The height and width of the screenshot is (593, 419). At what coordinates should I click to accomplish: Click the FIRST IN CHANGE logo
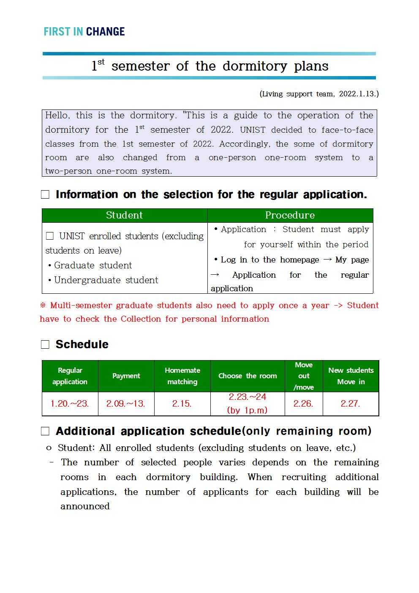[84, 32]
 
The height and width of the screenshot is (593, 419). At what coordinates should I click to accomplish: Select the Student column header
[124, 215]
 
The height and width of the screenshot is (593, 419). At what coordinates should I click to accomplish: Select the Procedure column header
[290, 215]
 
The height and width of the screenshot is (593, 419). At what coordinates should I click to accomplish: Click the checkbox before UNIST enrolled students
[50, 236]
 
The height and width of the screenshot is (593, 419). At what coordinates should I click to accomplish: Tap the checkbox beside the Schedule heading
[45, 344]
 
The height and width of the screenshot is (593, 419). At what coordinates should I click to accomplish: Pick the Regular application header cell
[70, 376]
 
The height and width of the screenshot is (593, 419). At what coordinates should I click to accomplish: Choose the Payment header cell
[126, 376]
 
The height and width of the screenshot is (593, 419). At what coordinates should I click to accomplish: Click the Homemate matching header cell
[182, 376]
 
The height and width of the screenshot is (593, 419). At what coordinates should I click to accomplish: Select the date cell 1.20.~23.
[70, 404]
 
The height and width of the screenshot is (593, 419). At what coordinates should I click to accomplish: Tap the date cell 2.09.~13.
[126, 404]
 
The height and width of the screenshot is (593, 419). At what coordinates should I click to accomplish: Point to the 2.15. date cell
[182, 404]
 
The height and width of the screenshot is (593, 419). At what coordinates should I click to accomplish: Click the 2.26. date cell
[303, 404]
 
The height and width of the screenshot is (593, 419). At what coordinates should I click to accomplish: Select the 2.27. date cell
[351, 404]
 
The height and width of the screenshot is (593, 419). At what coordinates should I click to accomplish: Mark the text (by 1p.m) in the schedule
[247, 410]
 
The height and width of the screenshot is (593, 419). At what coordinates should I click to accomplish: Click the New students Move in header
[351, 376]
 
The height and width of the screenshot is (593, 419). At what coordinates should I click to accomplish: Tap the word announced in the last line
[85, 506]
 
